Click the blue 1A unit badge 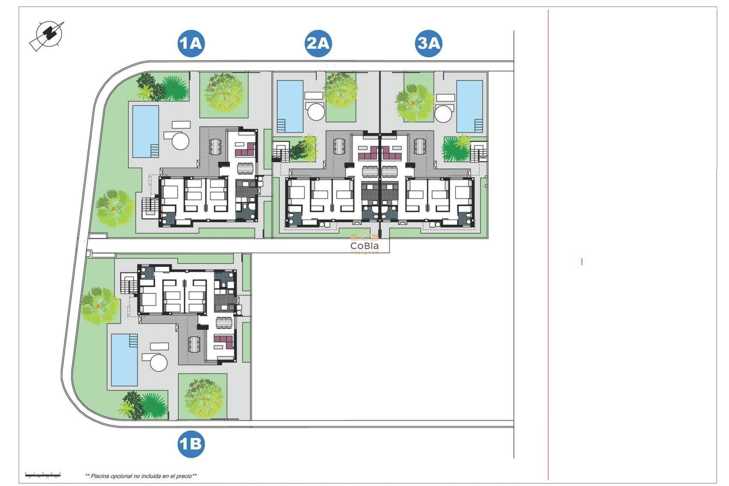tap(191, 43)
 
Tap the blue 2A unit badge tap(318, 43)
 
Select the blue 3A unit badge tap(429, 43)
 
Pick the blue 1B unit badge tap(191, 443)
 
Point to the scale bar tap(43, 475)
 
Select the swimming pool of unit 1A tap(145, 131)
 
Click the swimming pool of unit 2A tap(290, 106)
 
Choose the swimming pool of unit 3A tap(470, 106)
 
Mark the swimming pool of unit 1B tap(124, 360)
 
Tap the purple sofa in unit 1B tap(224, 341)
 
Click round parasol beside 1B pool tap(159, 363)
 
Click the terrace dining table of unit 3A tap(420, 146)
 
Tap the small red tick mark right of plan tap(582, 262)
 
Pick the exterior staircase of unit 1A tap(150, 207)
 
